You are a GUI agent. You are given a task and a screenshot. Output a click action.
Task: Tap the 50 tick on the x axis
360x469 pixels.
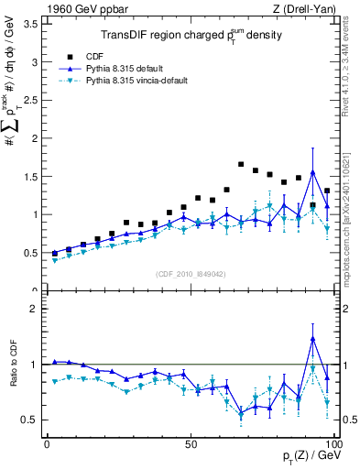pos(191,443)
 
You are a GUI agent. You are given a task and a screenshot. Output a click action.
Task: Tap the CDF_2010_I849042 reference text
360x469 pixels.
pos(191,272)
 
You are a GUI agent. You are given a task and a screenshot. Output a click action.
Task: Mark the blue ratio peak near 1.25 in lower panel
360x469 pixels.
pos(313,339)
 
